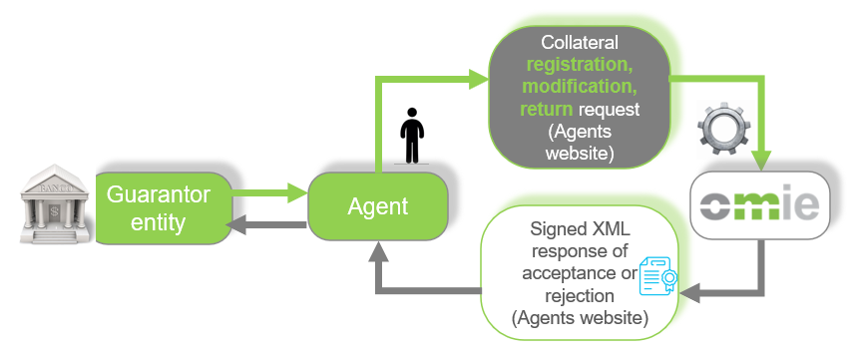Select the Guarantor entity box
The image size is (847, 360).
pyautogui.click(x=160, y=207)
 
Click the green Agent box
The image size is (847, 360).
pyautogui.click(x=378, y=207)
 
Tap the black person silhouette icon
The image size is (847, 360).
pyautogui.click(x=410, y=136)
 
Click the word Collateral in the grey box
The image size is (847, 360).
pyautogui.click(x=580, y=44)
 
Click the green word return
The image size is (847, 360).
pyautogui.click(x=546, y=110)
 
